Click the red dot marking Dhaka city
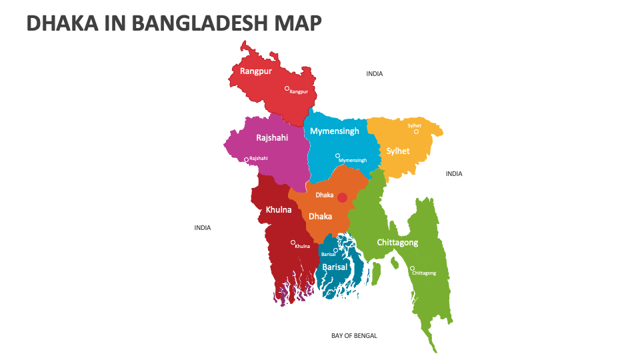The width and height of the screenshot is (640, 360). click(x=342, y=197)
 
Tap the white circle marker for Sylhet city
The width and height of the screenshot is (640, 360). click(x=417, y=131)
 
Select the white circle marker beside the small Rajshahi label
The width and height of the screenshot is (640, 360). click(x=246, y=159)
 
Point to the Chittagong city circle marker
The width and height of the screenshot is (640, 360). click(x=412, y=268)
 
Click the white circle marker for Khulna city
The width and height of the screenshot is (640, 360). click(x=293, y=242)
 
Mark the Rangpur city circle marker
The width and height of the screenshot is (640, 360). click(x=287, y=88)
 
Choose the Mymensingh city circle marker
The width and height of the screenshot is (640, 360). click(x=337, y=155)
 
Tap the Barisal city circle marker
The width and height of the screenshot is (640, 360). click(x=335, y=250)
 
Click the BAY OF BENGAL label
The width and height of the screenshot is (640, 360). click(x=354, y=336)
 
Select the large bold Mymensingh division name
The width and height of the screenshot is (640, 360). click(x=335, y=131)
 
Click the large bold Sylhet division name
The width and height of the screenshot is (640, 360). click(x=398, y=151)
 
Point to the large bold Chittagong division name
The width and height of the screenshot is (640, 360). click(x=397, y=242)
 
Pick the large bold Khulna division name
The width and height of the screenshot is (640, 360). click(x=279, y=209)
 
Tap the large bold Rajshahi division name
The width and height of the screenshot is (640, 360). click(x=272, y=138)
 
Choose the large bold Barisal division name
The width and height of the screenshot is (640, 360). click(x=335, y=267)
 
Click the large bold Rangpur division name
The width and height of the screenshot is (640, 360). click(x=256, y=71)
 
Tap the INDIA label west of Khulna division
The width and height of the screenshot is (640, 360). click(x=203, y=228)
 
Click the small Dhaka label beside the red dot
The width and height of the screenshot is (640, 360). click(x=324, y=195)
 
